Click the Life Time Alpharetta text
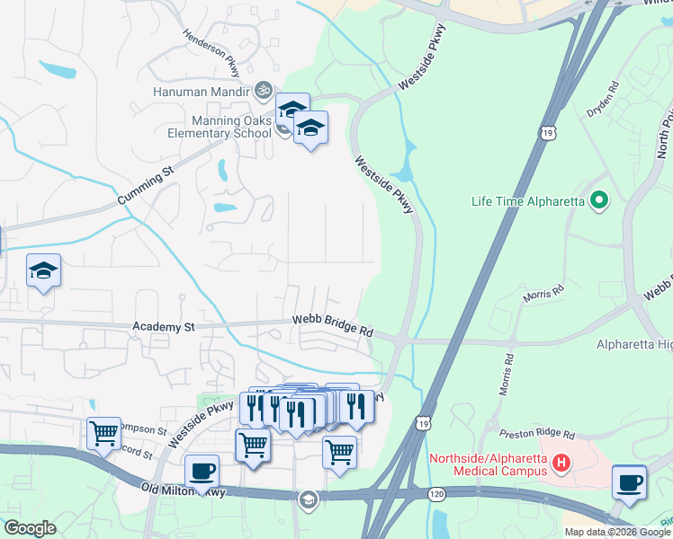pyautogui.click(x=528, y=200)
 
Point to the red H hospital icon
pyautogui.click(x=562, y=464)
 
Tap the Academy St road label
pyautogui.click(x=163, y=328)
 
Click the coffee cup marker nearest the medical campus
pyautogui.click(x=629, y=482)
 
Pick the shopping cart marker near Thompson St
pyautogui.click(x=103, y=433)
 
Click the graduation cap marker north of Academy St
pyautogui.click(x=43, y=271)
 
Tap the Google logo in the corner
pyautogui.click(x=30, y=527)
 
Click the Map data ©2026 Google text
pyautogui.click(x=617, y=532)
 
